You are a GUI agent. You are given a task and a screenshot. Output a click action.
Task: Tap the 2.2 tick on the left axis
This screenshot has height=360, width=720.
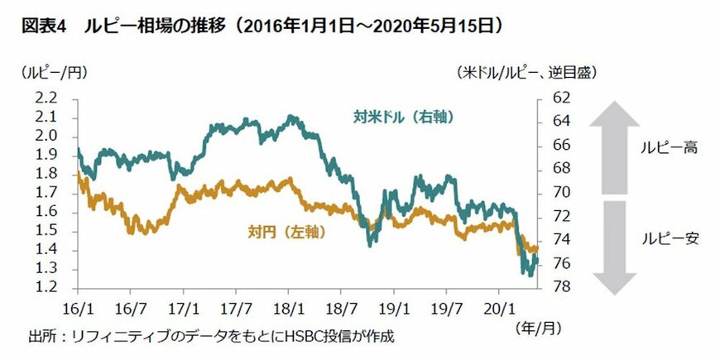(x=46, y=98)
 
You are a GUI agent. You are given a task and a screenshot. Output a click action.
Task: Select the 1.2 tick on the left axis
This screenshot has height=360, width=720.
(x=46, y=288)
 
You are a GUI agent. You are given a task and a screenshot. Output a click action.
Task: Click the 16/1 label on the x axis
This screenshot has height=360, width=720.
(x=77, y=306)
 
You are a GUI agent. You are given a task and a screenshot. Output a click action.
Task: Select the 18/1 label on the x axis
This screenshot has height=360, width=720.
(x=289, y=306)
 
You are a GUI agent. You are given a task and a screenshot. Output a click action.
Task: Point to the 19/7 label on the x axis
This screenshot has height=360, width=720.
(x=448, y=306)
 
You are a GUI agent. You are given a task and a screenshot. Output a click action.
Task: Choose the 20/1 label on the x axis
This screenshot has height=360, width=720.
(x=500, y=306)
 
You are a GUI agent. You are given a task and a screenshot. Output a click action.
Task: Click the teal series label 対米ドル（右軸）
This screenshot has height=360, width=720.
(x=397, y=117)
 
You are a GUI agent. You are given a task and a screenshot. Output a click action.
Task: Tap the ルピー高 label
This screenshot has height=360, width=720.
(x=672, y=148)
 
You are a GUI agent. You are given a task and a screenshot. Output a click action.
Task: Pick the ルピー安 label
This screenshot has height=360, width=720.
(x=672, y=239)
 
